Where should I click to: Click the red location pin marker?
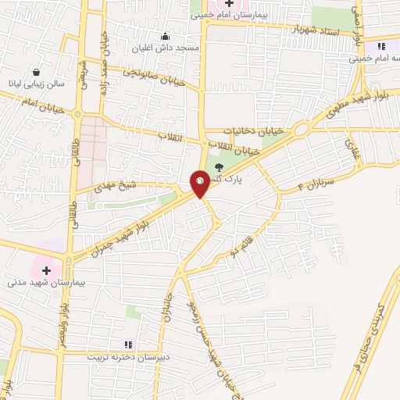(x=200, y=184)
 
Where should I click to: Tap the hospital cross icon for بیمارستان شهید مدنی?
(x=46, y=270)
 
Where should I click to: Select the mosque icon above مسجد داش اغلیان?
(x=165, y=36)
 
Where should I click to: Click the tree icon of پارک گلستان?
(x=218, y=166)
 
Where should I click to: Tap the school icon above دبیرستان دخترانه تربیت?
(x=128, y=344)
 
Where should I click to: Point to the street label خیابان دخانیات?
(x=251, y=130)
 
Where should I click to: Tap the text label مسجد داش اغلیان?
(x=176, y=48)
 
